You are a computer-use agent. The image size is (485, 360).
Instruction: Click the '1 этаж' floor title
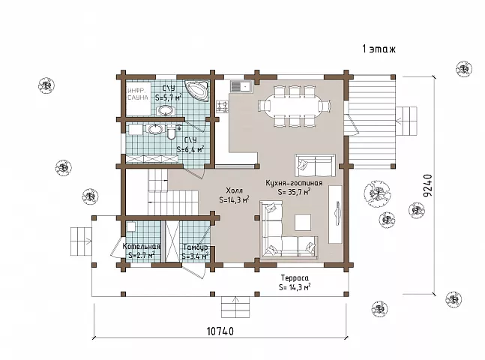pyautogui.click(x=379, y=49)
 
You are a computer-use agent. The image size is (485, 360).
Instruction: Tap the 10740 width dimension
pyautogui.click(x=220, y=331)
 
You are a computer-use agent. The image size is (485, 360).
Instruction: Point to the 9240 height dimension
pyautogui.click(x=427, y=185)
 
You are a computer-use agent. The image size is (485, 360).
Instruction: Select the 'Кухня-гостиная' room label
pyautogui.click(x=294, y=183)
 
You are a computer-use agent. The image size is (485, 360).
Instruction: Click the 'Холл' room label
pyautogui.click(x=234, y=190)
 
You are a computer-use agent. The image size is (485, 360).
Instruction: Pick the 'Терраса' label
pyautogui.click(x=295, y=278)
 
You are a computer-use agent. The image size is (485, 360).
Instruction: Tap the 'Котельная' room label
pyautogui.click(x=142, y=247)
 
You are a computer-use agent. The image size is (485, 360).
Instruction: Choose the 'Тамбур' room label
pyautogui.click(x=195, y=247)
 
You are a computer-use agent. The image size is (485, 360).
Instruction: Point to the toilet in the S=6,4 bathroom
pyautogui.click(x=172, y=133)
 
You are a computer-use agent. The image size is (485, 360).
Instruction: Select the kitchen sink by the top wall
pyautogui.click(x=241, y=85)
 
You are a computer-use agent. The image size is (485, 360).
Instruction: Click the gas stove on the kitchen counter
pyautogui.click(x=223, y=106)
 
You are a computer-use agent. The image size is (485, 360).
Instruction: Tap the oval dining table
pyautogui.click(x=294, y=106)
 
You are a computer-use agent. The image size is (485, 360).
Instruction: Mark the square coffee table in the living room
pyautogui.click(x=303, y=222)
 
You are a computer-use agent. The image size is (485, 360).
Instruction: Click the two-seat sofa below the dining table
pyautogui.click(x=315, y=166)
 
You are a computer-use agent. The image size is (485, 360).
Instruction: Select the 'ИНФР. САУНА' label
pyautogui.click(x=138, y=94)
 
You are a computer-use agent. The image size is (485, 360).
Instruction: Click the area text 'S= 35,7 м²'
pyautogui.click(x=294, y=191)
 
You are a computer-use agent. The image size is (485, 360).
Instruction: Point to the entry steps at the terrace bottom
pyautogui.click(x=235, y=307)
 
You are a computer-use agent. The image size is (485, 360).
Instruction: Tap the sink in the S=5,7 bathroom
pyautogui.click(x=166, y=110)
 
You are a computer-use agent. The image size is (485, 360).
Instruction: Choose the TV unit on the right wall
pyautogui.click(x=335, y=214)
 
